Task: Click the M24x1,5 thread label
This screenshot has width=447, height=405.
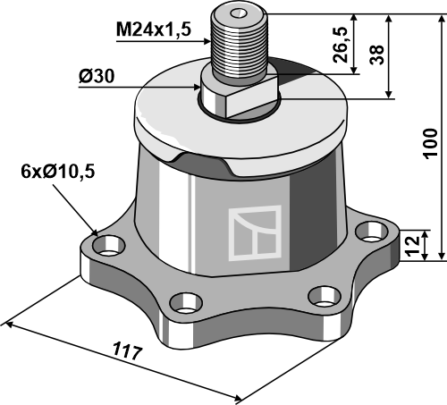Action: point(153,30)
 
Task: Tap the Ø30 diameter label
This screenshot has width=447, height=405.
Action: point(97,77)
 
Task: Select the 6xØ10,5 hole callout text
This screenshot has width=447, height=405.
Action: point(58,172)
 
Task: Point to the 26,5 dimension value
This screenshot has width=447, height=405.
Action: point(340,45)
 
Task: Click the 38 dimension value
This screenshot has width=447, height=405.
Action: point(376,55)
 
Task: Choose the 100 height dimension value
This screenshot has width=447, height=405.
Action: point(431,144)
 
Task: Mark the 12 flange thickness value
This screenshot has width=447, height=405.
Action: point(413,246)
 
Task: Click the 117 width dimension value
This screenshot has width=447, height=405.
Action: point(127,351)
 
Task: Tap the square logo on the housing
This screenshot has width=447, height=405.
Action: point(255,232)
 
